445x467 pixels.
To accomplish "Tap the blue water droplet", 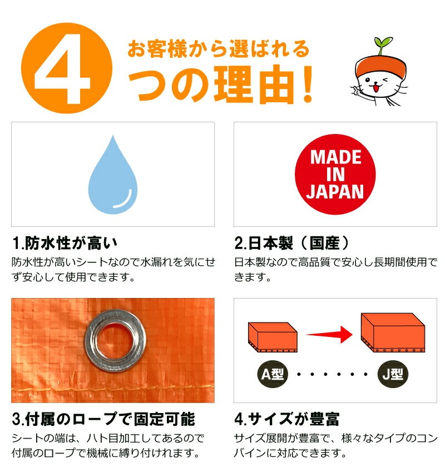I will click(x=112, y=173).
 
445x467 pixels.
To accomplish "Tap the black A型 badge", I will click(x=273, y=374).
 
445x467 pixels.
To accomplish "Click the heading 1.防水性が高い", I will click(x=65, y=244).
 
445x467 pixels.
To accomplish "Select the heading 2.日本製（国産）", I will click(x=293, y=244).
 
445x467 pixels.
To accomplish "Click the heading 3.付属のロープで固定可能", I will click(x=103, y=419).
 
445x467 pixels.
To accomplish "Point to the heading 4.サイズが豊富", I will click(x=287, y=419).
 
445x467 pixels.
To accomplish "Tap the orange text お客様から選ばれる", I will click(x=218, y=48).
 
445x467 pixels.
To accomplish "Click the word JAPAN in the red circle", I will click(x=335, y=192).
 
